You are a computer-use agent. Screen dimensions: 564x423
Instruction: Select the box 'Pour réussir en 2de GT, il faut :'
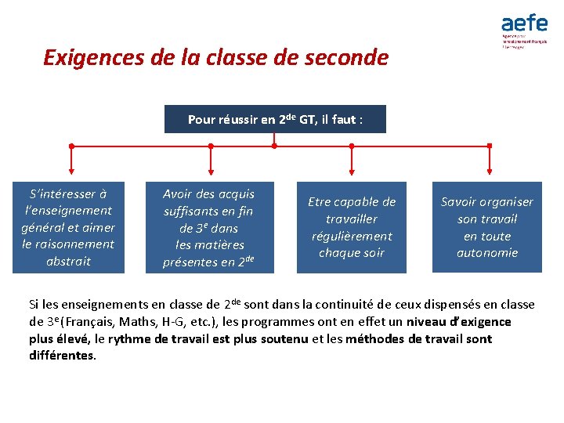[x=275, y=119]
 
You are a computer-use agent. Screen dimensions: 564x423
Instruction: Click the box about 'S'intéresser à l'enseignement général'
[x=68, y=227]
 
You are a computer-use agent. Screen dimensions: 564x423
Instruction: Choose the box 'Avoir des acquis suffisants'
[x=208, y=227]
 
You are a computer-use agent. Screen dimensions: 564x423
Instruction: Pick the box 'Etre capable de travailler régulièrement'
[x=352, y=227]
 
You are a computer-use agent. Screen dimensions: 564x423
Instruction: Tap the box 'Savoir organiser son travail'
[x=486, y=227]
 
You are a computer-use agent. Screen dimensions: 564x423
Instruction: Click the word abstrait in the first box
[x=68, y=261]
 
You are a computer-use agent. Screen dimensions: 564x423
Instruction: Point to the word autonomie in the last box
[x=487, y=252]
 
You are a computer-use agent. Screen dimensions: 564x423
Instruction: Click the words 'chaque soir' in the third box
[x=352, y=252]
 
